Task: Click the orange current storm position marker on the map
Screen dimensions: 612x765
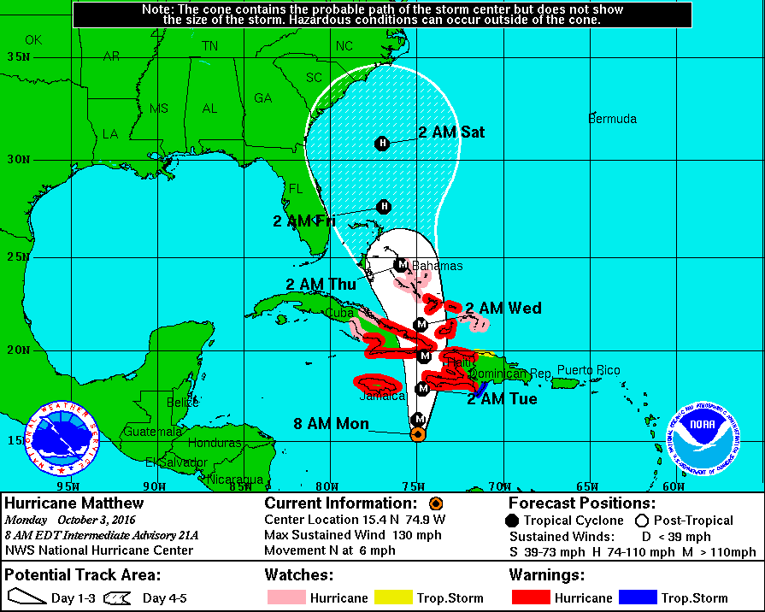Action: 418,434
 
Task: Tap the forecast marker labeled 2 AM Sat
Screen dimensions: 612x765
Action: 382,144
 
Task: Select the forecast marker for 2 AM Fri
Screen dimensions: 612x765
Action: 384,206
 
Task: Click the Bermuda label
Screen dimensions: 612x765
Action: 612,119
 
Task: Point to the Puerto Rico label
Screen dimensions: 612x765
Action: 588,370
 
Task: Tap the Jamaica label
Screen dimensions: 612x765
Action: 381,396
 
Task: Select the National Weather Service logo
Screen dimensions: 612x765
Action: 62,440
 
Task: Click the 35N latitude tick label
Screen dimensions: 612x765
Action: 18,56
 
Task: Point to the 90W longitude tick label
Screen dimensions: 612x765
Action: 153,486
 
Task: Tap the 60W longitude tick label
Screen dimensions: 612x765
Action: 673,486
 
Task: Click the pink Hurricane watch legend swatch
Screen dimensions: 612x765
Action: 285,597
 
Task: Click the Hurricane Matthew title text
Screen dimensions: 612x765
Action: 74,503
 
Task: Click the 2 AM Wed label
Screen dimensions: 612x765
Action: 503,308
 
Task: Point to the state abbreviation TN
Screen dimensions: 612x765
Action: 209,45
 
